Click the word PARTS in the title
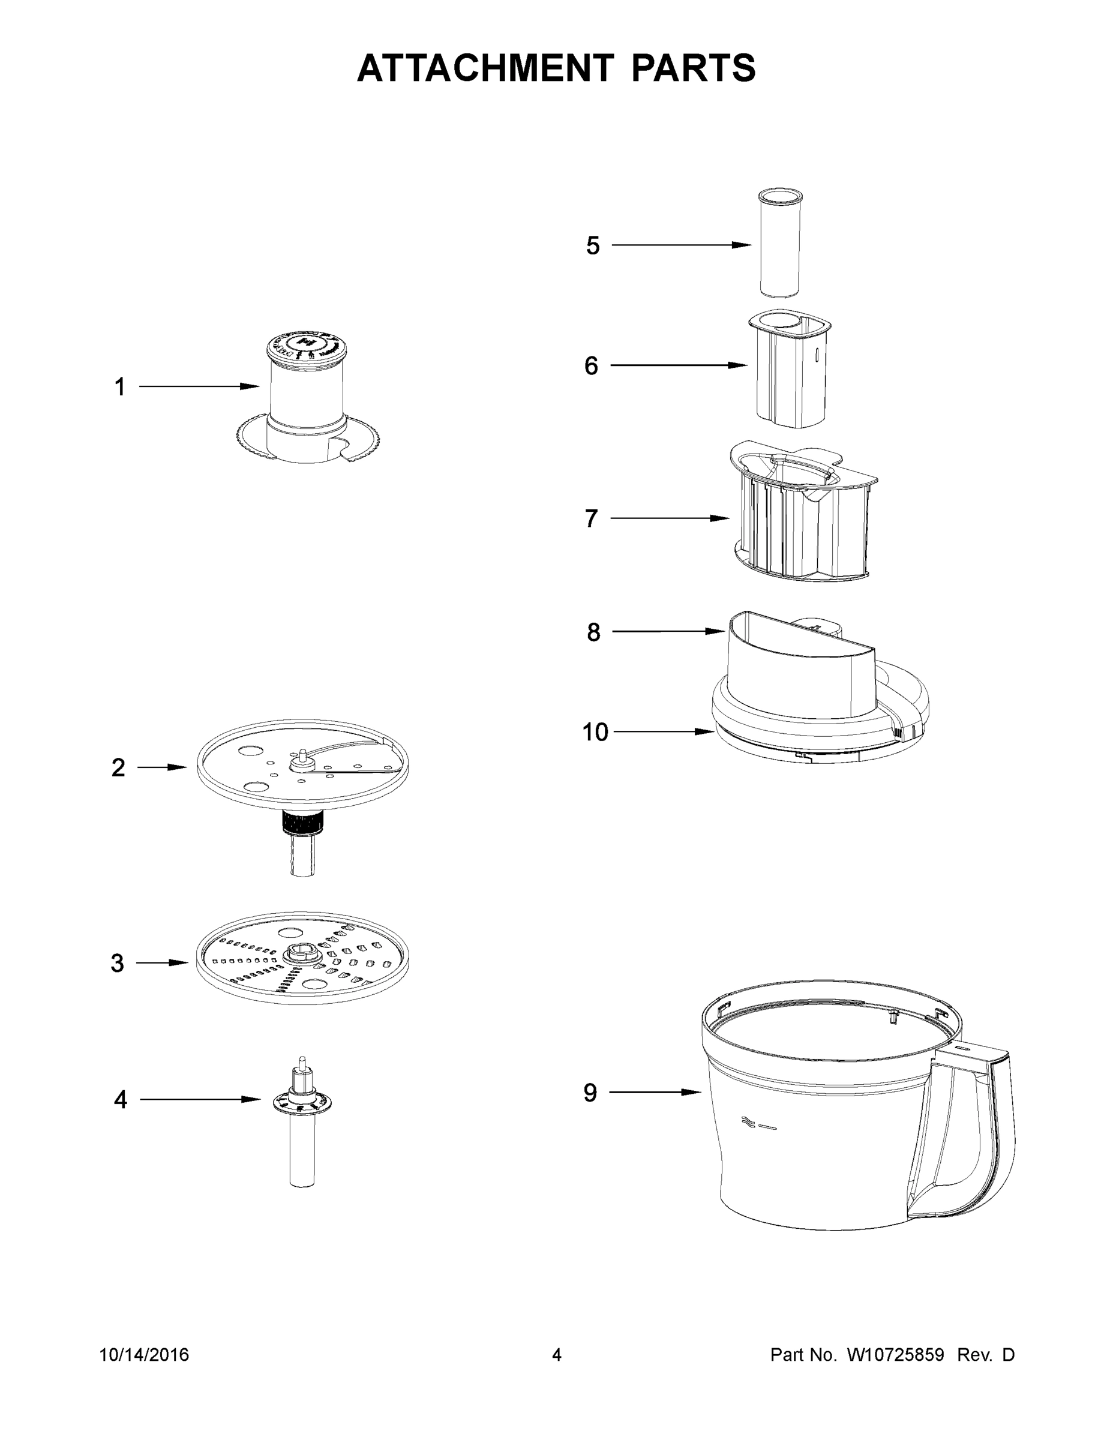693,68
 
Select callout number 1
120,387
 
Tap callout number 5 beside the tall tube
593,246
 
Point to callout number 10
595,732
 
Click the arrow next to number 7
668,518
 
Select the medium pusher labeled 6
788,369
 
